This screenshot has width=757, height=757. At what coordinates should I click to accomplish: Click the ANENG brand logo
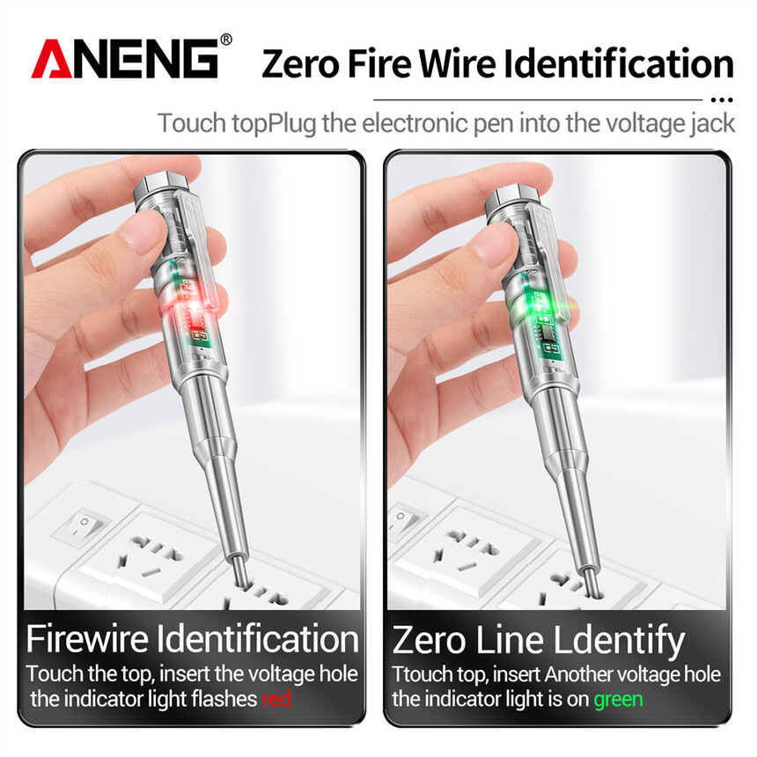click(x=125, y=58)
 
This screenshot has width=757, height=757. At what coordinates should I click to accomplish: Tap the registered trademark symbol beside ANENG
click(x=226, y=40)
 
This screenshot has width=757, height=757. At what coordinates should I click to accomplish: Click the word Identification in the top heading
click(x=619, y=63)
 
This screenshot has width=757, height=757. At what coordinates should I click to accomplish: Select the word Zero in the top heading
click(x=300, y=64)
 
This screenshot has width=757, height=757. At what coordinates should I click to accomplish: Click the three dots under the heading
click(x=723, y=100)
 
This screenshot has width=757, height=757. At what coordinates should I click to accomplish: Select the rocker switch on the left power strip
click(x=81, y=526)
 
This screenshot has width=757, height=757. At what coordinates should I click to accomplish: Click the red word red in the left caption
click(x=276, y=699)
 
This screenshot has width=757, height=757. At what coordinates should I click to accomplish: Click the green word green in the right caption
click(x=618, y=700)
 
